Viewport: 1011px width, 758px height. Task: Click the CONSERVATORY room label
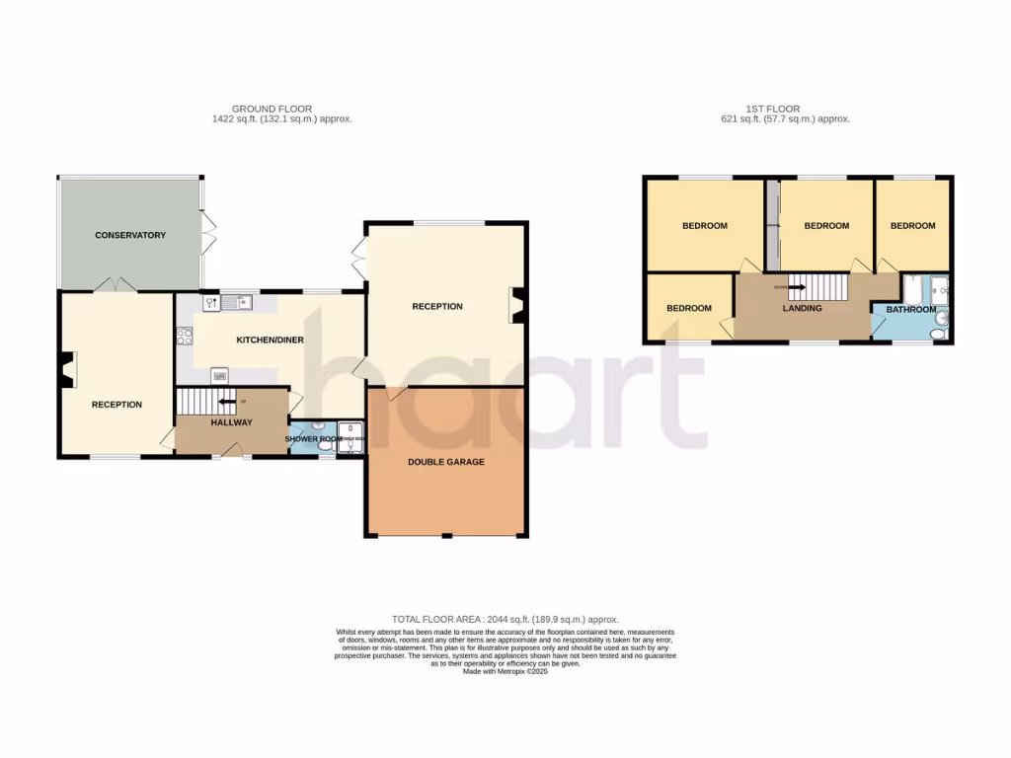(130, 235)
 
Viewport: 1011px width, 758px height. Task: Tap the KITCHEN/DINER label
(270, 341)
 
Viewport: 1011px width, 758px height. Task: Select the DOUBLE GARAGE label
(447, 461)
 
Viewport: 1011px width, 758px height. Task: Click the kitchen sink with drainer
(237, 303)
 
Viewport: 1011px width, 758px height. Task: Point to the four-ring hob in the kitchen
(184, 337)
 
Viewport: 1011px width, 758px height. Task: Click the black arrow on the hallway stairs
(227, 402)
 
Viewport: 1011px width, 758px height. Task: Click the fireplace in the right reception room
(516, 305)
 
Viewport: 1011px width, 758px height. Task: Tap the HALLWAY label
(232, 422)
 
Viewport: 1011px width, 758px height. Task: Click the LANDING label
(802, 308)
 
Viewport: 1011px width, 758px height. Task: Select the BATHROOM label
(910, 310)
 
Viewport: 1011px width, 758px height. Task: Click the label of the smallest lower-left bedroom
(688, 308)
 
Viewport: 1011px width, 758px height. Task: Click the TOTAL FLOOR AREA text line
(505, 619)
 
